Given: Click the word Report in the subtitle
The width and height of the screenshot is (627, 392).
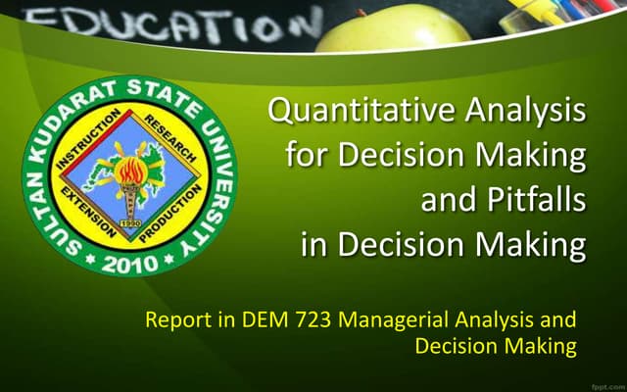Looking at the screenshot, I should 172,320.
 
